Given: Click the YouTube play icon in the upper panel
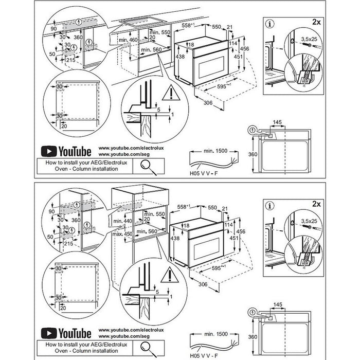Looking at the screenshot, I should point(48,151).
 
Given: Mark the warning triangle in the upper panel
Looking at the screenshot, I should point(168,94).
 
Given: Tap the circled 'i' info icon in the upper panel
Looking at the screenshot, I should point(270,23).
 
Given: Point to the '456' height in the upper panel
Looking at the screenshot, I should point(246,48).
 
